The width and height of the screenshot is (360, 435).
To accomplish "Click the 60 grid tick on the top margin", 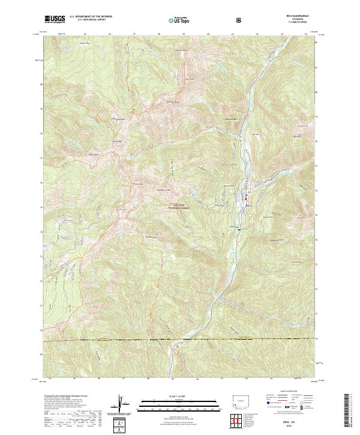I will click(207, 34).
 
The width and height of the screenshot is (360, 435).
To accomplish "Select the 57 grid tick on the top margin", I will click(134, 34).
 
